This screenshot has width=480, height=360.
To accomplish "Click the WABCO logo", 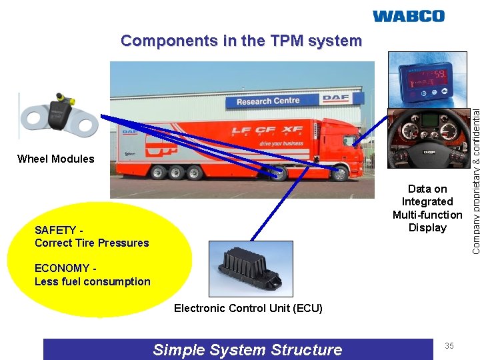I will tap(408, 16).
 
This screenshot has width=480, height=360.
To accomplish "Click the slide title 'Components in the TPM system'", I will tap(241, 41).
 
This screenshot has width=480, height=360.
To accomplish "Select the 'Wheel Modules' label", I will tap(56, 159).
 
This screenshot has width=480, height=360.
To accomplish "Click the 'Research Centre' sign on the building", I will tap(268, 101).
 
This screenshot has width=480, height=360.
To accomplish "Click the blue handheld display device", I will tap(423, 78).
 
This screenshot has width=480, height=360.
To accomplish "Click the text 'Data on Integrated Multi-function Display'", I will tap(427, 209).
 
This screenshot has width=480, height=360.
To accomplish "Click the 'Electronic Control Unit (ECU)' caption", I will tap(248, 308).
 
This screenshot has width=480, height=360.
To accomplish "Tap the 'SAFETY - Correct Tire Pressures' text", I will tap(91, 237).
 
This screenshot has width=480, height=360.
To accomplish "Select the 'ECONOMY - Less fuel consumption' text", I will tap(92, 275).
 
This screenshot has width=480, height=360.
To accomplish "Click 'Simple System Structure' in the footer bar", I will tap(247, 350).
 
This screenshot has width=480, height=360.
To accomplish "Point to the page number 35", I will tap(449, 346).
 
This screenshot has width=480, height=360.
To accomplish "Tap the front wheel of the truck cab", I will tap(340, 174).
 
